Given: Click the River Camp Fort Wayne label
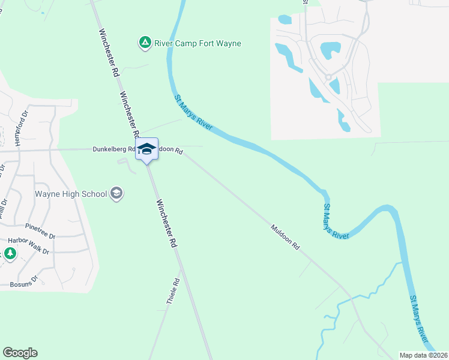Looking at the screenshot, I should pos(197,43).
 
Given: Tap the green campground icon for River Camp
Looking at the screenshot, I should pos(145,43).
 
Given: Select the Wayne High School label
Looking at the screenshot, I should pos(71,194).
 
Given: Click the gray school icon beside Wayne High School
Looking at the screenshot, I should pos(116,193).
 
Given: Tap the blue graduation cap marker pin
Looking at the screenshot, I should pos(146,149).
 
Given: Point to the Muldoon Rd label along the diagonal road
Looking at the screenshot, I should pos(285,238).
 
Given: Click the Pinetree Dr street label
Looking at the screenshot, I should pos(40,227).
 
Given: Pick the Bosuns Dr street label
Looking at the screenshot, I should pos(23,279).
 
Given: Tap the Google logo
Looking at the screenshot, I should pos(20,353).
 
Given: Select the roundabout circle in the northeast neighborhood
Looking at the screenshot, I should pos(328,77).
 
